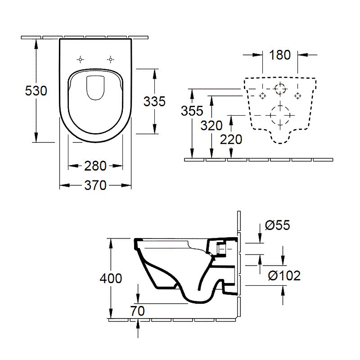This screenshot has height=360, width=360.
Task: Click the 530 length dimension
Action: coord(36,91)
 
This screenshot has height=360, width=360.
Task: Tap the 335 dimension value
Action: coord(154,101)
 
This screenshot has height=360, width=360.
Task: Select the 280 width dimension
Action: coord(95,166)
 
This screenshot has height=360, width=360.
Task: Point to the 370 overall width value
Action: coord(95,185)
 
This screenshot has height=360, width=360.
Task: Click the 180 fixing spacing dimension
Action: coord(280,55)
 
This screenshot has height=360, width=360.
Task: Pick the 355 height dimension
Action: coord(192,111)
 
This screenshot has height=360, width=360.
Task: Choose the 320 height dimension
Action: coord(211,126)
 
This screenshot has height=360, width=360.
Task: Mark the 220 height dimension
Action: coord(231,139)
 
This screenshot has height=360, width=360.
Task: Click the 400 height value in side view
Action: coord(111,279)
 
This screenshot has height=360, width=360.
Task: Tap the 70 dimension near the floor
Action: coord(138,311)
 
